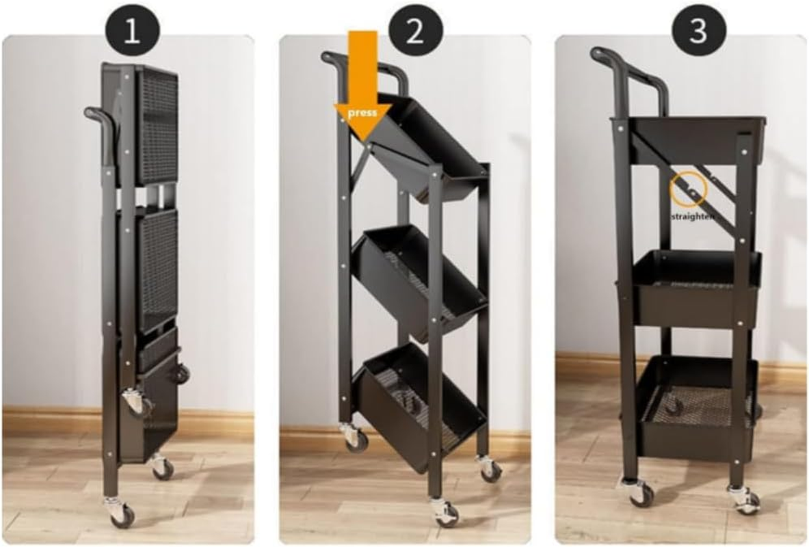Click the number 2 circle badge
[x=415, y=31]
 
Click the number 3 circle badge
[x=697, y=31]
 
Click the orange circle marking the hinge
[x=689, y=190]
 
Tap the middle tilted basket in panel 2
[x=417, y=277]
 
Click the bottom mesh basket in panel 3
[x=694, y=403]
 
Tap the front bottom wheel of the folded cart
[x=121, y=513]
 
